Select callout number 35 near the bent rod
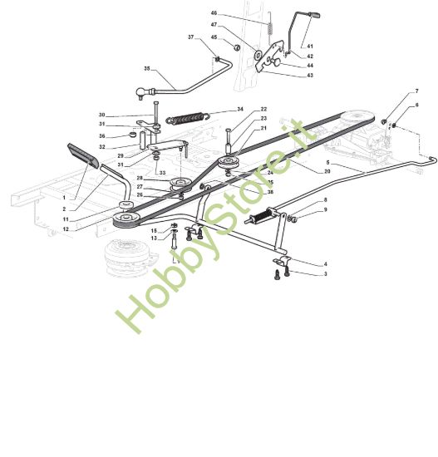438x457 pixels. click(x=146, y=68)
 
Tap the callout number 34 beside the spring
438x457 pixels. click(x=240, y=110)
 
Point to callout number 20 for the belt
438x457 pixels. click(x=327, y=171)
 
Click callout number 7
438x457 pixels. click(x=416, y=91)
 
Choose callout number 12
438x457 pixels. click(x=66, y=229)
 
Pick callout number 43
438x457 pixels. click(x=310, y=75)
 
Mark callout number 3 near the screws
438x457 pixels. click(x=326, y=274)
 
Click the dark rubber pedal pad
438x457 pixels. click(x=82, y=156)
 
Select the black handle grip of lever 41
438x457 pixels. click(x=314, y=15)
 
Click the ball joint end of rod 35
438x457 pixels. click(x=140, y=93)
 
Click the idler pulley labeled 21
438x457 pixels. click(x=229, y=162)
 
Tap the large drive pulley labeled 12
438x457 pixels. click(x=126, y=219)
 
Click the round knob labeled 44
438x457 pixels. click(x=276, y=61)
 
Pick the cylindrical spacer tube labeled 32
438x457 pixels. click(x=144, y=141)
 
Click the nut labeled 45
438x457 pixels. click(x=237, y=47)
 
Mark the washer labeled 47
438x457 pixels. click(x=258, y=54)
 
